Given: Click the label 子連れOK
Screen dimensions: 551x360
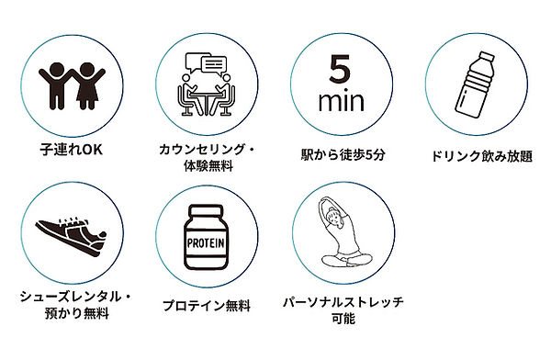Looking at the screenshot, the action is [x=70, y=147].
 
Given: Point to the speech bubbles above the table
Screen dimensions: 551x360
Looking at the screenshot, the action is [x=203, y=64].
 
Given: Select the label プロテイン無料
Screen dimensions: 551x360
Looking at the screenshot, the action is [x=205, y=305].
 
